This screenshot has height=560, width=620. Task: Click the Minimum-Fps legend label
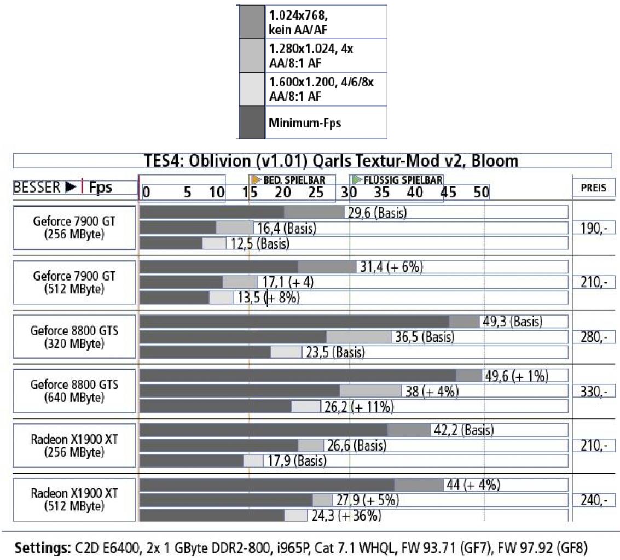(x=305, y=123)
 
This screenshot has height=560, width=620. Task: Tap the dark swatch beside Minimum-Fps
(x=252, y=122)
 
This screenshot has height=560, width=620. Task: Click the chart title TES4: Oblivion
(x=332, y=161)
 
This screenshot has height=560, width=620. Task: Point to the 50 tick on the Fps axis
(x=481, y=192)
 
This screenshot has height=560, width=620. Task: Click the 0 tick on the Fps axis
(x=146, y=192)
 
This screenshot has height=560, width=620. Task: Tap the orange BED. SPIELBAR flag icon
(x=257, y=180)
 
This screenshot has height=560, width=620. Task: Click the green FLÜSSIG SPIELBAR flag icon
(x=357, y=180)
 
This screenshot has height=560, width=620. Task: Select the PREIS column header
(x=594, y=188)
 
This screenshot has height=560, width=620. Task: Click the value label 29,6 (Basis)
(x=377, y=213)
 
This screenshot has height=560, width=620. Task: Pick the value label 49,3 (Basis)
(x=512, y=322)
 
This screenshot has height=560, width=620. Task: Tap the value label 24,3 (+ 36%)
(x=346, y=515)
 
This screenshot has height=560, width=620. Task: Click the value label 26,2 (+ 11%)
(x=359, y=407)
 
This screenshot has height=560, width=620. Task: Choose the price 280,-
(x=594, y=337)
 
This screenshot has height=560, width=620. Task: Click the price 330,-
(x=594, y=391)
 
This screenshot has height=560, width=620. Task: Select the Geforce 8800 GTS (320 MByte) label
(x=74, y=337)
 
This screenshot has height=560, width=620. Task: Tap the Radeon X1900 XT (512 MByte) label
(x=74, y=499)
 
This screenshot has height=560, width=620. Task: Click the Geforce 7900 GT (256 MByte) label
(x=74, y=227)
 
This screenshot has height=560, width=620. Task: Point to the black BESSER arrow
(x=71, y=187)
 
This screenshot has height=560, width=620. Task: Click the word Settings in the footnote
(x=42, y=548)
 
